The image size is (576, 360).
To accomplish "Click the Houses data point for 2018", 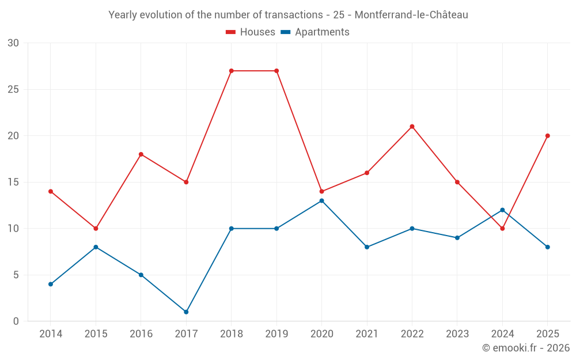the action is point(232,71).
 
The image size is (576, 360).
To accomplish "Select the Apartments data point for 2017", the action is point(186,312).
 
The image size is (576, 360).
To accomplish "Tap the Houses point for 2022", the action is point(412,127).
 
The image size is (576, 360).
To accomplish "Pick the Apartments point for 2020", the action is point(322,201).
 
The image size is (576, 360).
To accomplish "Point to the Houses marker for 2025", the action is point(548,136).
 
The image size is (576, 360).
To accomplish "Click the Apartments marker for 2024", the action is point(502,210).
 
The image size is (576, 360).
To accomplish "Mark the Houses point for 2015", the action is point(96,229).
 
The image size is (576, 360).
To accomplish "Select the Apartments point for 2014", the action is point(51,284).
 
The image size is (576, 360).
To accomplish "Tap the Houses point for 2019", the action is point(276,71).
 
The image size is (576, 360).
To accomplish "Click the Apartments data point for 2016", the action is point(141,275).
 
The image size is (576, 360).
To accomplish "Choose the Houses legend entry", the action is point(251,32).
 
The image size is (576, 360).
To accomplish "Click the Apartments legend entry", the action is point(315,32).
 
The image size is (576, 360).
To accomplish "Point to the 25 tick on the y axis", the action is point(13,89).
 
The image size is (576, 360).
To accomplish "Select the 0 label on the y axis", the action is point(16,321).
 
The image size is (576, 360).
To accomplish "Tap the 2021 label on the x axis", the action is point(367,334).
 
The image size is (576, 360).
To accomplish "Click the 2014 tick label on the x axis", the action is point(51,334).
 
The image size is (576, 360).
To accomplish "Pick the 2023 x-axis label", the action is point(457,334).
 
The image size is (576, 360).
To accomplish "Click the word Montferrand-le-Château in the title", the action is point(411,15).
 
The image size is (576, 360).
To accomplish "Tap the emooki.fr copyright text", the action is point(526,347).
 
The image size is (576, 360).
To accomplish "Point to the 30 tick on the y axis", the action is point(13,43).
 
